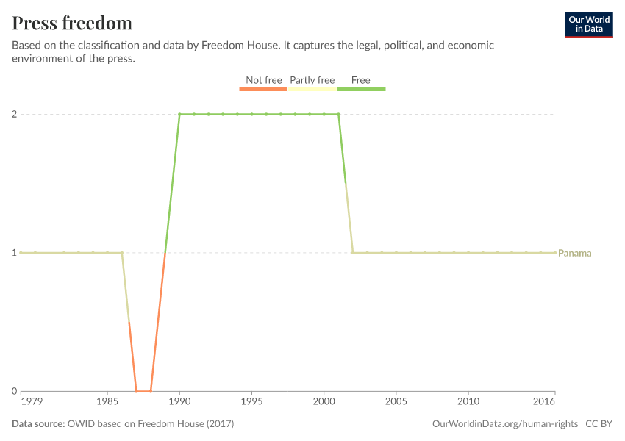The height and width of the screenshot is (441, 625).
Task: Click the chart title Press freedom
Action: click(x=72, y=23)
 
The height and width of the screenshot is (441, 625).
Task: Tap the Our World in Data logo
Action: click(x=588, y=24)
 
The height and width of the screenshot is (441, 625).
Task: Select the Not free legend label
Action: click(x=263, y=80)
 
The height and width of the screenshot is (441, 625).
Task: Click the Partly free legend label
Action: click(x=312, y=80)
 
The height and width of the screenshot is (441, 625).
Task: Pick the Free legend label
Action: click(x=361, y=80)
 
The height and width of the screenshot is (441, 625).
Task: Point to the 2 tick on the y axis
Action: click(x=13, y=114)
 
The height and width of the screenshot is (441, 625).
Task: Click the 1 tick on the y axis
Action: click(x=13, y=253)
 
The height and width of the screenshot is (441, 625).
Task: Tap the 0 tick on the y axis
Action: click(x=13, y=391)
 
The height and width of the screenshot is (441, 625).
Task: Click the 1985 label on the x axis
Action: click(x=107, y=403)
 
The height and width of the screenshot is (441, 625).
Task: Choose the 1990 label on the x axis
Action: click(x=179, y=403)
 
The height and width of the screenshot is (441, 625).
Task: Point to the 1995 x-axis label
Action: click(x=251, y=403)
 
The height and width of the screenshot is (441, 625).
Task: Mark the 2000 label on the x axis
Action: click(x=324, y=403)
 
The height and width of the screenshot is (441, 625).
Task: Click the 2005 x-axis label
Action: click(x=396, y=403)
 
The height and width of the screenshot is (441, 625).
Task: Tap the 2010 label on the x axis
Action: click(x=468, y=403)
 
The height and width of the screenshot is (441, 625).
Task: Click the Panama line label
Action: click(x=575, y=253)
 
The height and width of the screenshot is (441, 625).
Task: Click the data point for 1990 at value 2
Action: click(x=179, y=114)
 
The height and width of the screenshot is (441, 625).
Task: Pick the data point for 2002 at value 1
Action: click(x=353, y=253)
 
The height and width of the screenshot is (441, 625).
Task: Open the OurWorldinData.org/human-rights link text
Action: click(x=505, y=424)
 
